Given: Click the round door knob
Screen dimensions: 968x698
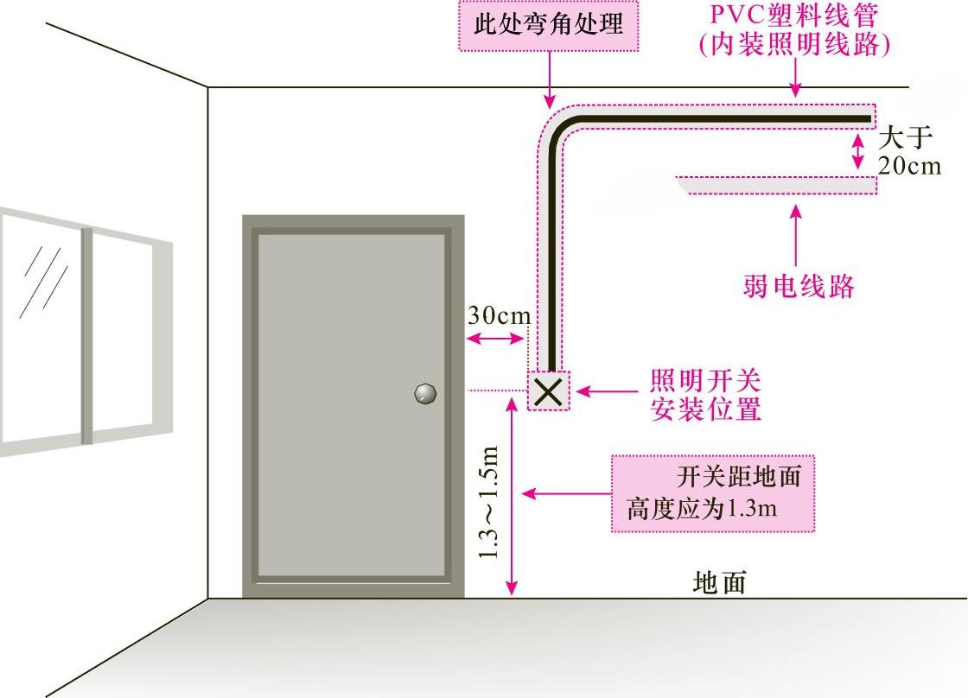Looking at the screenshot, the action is pos(425,393).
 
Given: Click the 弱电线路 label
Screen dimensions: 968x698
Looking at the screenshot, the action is pos(798,286).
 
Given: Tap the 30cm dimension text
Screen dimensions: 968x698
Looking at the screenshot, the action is pos(499,316).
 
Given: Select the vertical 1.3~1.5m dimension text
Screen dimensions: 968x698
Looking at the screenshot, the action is pos(489,501).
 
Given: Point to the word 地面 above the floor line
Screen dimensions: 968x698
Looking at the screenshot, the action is pos(719,583).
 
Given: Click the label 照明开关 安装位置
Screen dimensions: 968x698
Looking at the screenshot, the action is pos(705,394).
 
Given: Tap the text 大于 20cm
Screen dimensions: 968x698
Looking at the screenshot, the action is pos(907,152).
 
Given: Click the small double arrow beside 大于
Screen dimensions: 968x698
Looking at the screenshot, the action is pos(857,150).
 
